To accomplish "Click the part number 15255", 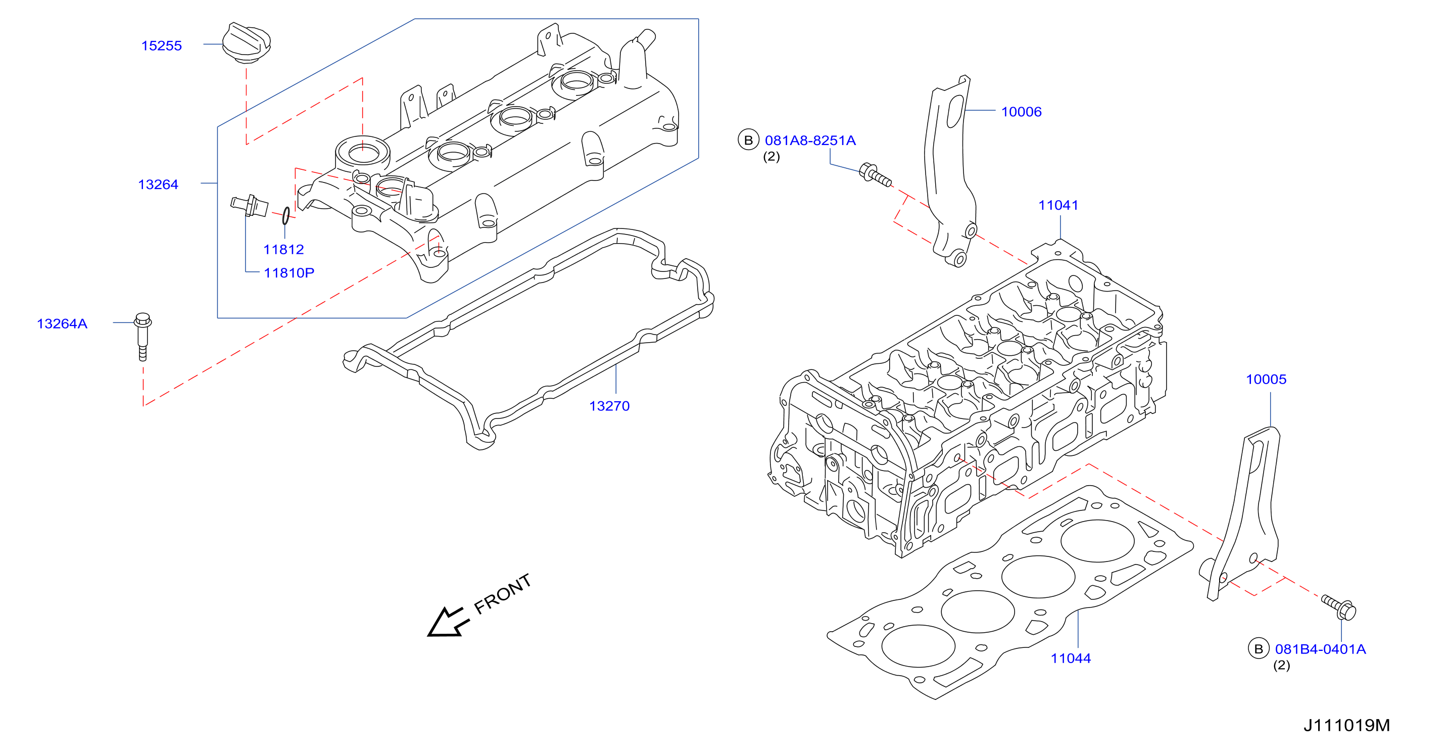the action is tap(161, 45).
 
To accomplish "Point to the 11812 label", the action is tap(283, 250).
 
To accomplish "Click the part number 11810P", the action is tap(290, 273).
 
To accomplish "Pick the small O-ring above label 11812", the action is tap(286, 216).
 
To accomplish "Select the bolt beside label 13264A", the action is tap(142, 337).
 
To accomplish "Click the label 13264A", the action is tap(62, 323).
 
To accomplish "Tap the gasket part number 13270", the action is tap(609, 406).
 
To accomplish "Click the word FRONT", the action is tap(503, 594).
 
